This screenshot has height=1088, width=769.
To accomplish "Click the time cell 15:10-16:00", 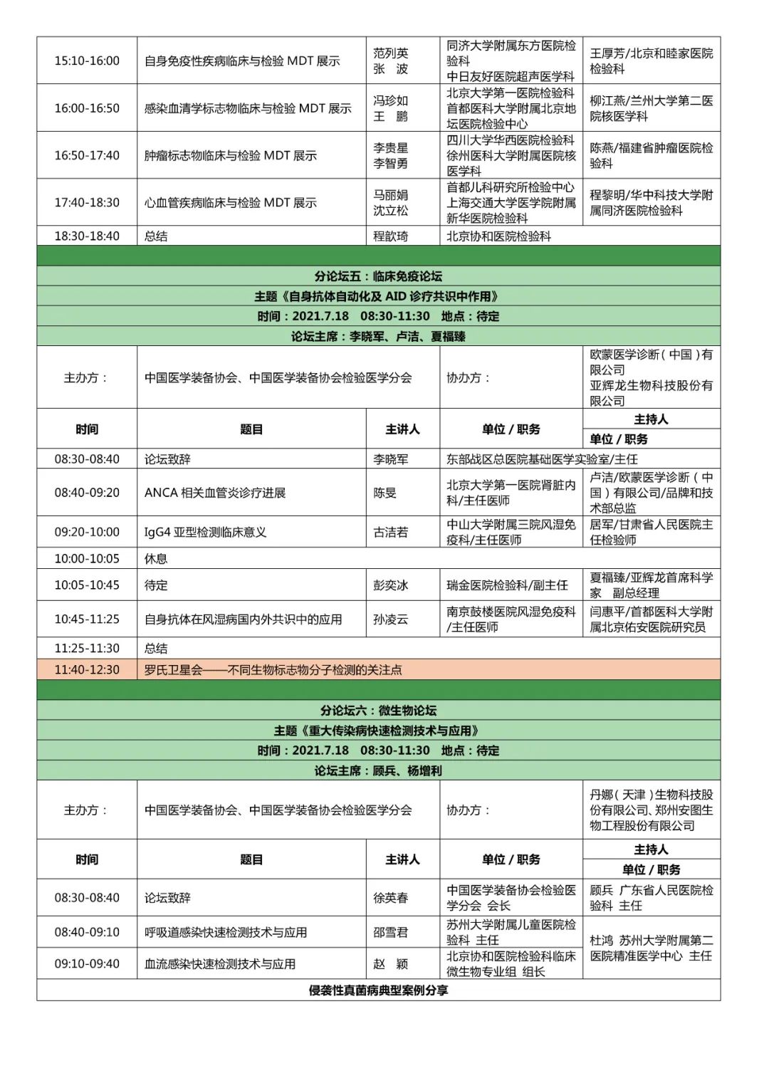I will pos(87,61).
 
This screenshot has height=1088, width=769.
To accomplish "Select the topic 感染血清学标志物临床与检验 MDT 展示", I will pos(248,108).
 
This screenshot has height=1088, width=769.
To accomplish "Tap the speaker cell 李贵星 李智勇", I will pos(391,155).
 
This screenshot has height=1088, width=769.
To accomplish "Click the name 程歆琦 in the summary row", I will pos(391,236).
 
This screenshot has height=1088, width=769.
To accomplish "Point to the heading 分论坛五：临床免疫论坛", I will pos(378,276).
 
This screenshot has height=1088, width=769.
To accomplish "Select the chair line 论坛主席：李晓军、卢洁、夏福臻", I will pos(378,336).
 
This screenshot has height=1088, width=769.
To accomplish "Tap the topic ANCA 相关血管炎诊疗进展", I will pos(215,493).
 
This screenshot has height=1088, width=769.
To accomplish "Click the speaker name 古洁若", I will pos(391,532).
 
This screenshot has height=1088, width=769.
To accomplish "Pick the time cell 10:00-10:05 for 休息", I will pos(87,558).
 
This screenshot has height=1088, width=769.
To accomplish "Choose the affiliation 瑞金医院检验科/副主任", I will pos(507,585).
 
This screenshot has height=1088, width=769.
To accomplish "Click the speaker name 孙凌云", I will pos(391,619).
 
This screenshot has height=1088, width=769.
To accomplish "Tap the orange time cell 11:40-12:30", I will pos(87,670).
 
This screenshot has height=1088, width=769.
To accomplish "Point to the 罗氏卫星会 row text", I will pos(273,670).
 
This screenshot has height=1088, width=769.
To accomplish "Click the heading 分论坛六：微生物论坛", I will pos(378,711).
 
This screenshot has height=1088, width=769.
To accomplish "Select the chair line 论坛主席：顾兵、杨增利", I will pos(378,770).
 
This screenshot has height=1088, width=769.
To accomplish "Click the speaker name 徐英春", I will pos(391,898).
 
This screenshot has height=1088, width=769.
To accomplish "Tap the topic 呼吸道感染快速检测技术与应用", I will pos(226,932).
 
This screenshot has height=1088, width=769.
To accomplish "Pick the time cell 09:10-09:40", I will pos(87,964).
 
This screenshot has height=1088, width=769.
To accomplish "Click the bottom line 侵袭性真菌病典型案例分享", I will pos(378,990).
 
